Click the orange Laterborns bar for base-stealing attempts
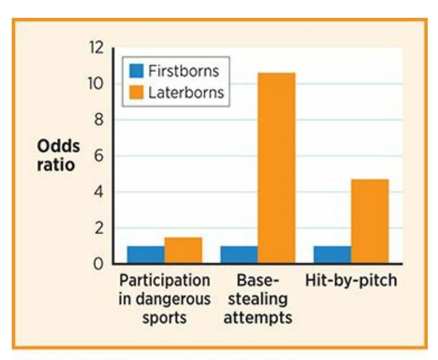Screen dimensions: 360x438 point(276,168)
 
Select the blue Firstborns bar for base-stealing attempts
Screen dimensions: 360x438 point(239,255)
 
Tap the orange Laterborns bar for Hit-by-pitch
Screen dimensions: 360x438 point(370,221)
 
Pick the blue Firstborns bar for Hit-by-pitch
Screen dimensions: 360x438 point(332,255)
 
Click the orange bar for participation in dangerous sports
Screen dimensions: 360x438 point(183,250)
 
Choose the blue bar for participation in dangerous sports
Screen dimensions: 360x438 point(145,255)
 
